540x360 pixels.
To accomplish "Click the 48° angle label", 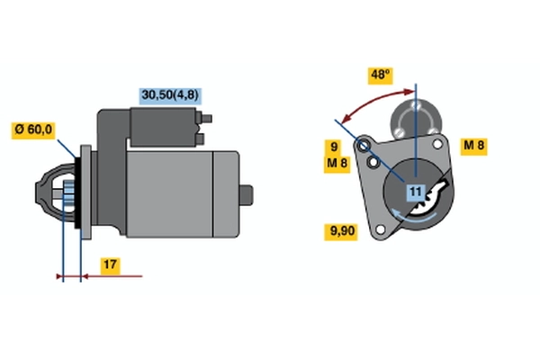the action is pyautogui.click(x=380, y=75).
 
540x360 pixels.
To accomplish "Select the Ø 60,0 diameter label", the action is pyautogui.click(x=33, y=130).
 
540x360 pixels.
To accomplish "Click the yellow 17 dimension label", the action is pyautogui.click(x=110, y=265).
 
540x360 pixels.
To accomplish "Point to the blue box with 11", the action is pyautogui.click(x=416, y=193).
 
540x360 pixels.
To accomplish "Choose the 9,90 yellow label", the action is pyautogui.click(x=341, y=231).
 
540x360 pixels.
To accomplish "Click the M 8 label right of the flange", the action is pyautogui.click(x=474, y=146).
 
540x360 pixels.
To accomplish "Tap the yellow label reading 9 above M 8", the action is pyautogui.click(x=334, y=147).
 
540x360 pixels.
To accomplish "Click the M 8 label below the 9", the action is pyautogui.click(x=337, y=163).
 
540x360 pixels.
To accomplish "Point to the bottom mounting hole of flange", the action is pyautogui.click(x=380, y=229).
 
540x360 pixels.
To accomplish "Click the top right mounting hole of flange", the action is pyautogui.click(x=437, y=144).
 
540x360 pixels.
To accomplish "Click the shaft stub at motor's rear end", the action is pyautogui.click(x=247, y=195).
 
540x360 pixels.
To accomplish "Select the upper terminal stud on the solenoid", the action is pyautogui.click(x=206, y=119).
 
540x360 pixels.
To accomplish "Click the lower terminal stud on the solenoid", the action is pyautogui.click(x=200, y=139).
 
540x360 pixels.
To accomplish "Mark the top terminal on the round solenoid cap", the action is pyautogui.click(x=416, y=105).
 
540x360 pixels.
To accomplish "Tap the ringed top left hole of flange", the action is pyautogui.click(x=364, y=146).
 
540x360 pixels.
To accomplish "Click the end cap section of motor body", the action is pyautogui.click(x=226, y=194).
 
